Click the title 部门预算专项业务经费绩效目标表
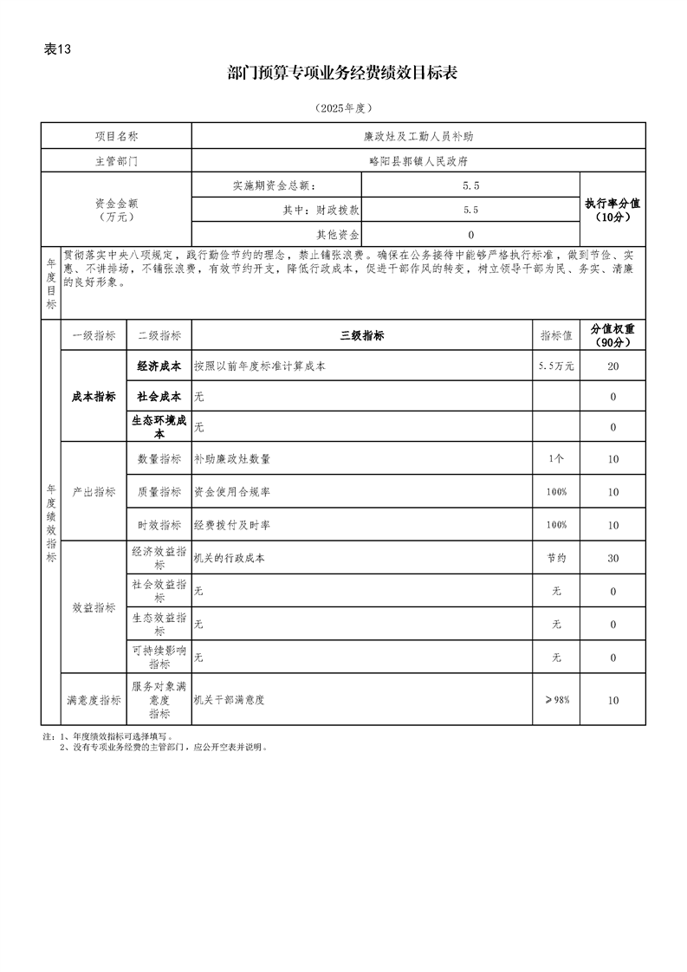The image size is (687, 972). (x=343, y=74)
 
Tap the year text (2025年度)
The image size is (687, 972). (x=343, y=108)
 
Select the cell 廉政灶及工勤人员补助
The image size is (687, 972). (x=418, y=137)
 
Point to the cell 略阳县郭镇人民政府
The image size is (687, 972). (x=418, y=160)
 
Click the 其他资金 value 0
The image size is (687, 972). (x=470, y=234)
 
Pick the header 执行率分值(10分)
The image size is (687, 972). (x=612, y=210)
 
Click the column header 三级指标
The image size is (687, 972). (x=361, y=336)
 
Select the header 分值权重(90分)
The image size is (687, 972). (x=612, y=335)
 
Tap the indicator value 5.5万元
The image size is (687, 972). (x=556, y=366)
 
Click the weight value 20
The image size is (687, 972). (x=612, y=366)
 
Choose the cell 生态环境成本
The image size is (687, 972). (x=159, y=426)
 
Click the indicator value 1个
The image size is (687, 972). (x=556, y=459)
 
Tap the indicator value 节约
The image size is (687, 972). (x=556, y=559)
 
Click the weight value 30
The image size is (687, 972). (x=612, y=559)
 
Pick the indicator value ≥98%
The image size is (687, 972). (x=556, y=699)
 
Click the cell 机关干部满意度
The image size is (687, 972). (x=229, y=699)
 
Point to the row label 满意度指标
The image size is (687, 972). (x=94, y=699)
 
